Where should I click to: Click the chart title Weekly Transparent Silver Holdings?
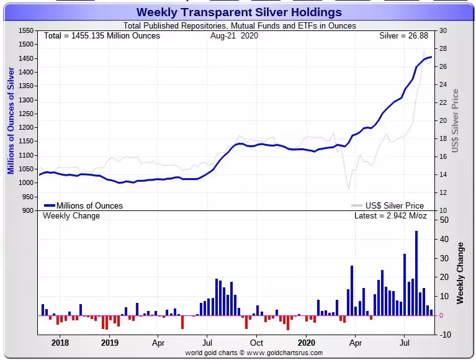tap(238, 12)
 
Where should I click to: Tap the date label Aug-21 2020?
tap(234, 36)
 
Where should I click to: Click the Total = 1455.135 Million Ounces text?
tap(102, 36)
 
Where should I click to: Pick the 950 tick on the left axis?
tap(27, 197)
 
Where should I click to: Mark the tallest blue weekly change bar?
tap(416, 273)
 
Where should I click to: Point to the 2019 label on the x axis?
tap(109, 343)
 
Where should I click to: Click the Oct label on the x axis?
tap(256, 343)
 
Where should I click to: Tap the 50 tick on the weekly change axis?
tap(445, 220)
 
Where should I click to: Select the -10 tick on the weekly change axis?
tap(444, 335)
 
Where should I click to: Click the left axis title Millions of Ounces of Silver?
tap(11, 121)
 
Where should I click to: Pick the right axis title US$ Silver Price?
tap(455, 121)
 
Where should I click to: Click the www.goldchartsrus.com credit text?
tap(254, 353)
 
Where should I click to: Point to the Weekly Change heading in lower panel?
tap(71, 216)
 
